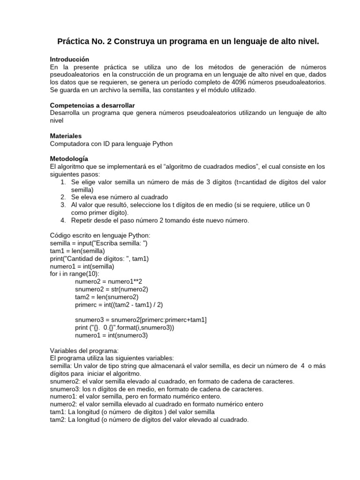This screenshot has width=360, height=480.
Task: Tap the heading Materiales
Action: (x=66, y=135)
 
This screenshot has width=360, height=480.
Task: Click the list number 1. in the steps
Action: (x=63, y=182)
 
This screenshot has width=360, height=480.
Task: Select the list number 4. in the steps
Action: (x=63, y=220)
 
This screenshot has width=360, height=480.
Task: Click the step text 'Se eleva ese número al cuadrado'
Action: (x=120, y=197)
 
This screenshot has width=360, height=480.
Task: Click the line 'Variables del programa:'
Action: (x=84, y=351)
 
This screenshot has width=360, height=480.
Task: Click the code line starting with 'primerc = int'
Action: (x=118, y=305)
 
